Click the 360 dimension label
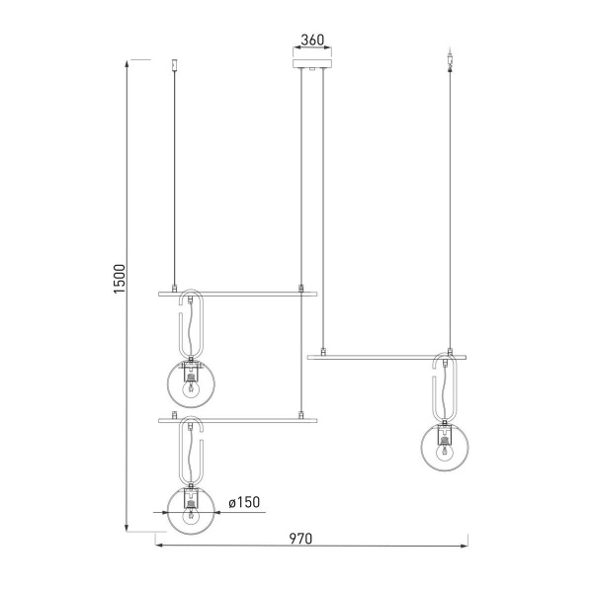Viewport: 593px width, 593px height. click(311, 41)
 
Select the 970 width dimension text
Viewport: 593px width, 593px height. click(301, 539)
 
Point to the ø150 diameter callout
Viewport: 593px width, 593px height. click(243, 503)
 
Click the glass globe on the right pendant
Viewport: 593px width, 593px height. click(444, 447)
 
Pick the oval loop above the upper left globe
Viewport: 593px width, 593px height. click(192, 325)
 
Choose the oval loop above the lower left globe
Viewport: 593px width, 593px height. click(192, 453)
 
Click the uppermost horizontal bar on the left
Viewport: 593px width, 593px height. click(238, 294)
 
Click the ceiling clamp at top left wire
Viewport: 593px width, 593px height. click(175, 65)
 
